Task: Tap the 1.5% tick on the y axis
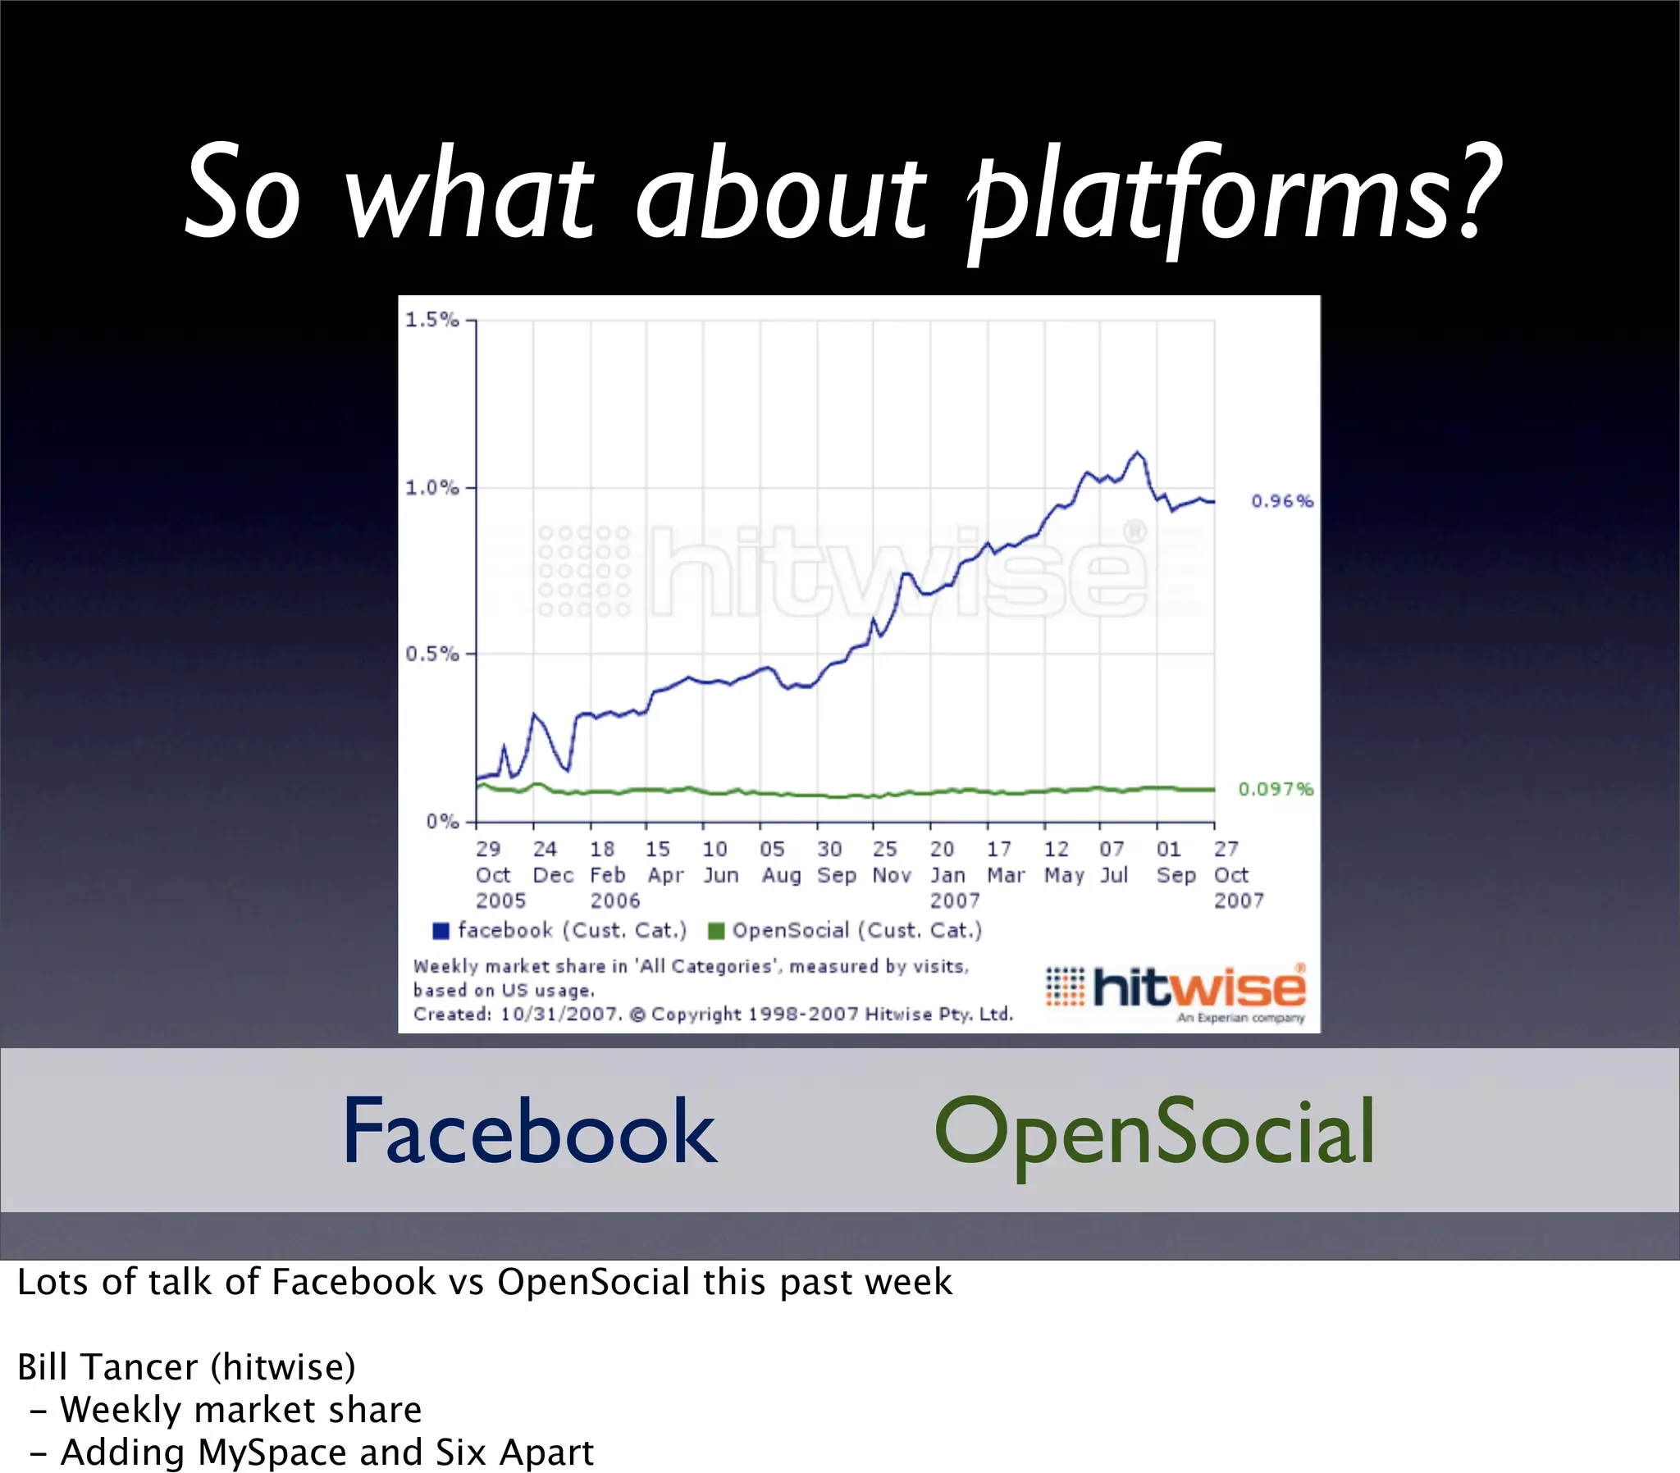432,320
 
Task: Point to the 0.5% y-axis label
432,654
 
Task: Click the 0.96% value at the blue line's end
1281,500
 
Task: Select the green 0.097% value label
1276,789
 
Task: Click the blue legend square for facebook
441,931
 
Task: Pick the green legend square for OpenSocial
716,931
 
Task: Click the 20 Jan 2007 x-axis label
953,874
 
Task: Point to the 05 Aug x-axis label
780,862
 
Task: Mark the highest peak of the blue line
1138,452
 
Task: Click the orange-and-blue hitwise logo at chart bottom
1176,990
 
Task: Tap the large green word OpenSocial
1154,1133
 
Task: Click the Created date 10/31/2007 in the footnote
559,1015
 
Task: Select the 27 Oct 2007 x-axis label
1237,874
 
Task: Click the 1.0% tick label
432,487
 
